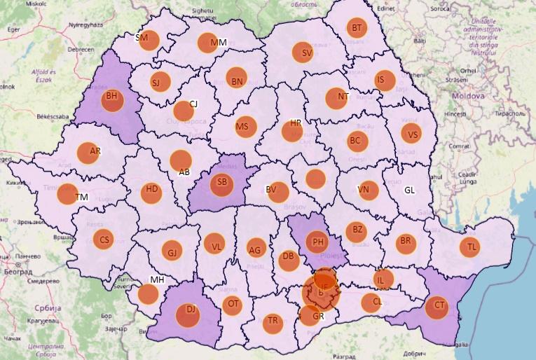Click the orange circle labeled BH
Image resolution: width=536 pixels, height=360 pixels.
click(111, 99)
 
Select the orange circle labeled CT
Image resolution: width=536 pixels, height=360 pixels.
click(437, 307)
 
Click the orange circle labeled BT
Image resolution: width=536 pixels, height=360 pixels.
click(357, 28)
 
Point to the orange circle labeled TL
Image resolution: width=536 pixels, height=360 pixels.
click(471, 247)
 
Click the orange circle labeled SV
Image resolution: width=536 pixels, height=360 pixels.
click(304, 53)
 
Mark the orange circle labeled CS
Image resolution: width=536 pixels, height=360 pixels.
click(104, 240)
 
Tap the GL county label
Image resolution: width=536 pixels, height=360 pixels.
click(409, 190)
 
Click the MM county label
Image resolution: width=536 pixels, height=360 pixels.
click(219, 43)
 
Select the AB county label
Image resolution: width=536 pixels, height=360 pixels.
click(184, 172)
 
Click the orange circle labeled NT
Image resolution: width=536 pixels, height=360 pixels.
click(337, 97)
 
